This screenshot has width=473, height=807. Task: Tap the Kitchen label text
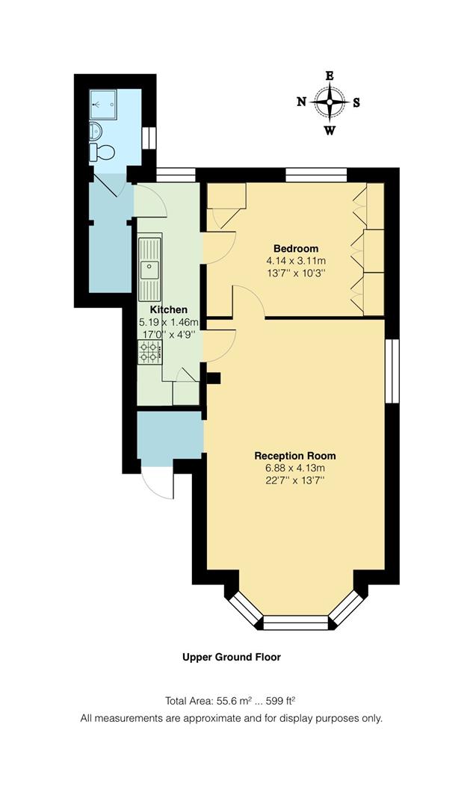pos(169,309)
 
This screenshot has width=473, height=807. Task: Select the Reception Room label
pos(295,456)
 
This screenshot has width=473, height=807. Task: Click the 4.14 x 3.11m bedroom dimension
pos(296,261)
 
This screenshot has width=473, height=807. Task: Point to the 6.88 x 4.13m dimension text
pos(295,468)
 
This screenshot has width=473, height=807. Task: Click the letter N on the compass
pos(302,102)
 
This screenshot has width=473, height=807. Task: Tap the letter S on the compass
pos(356,103)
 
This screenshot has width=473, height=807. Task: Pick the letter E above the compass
pos(329,75)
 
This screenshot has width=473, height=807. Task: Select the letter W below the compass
pos(330,132)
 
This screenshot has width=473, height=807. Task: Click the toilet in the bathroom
pos(102,152)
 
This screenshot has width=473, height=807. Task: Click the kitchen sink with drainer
pos(149,268)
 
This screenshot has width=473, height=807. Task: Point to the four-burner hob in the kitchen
pos(148,352)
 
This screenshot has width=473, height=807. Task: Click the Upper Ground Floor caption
pos(232,658)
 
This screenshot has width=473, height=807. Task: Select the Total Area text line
pos(232,701)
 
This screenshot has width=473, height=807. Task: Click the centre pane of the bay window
pos(296,622)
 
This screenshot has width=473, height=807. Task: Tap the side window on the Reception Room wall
pos(392,371)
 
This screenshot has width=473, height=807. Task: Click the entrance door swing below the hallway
pos(158,483)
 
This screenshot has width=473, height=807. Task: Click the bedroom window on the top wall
pos(316,174)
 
